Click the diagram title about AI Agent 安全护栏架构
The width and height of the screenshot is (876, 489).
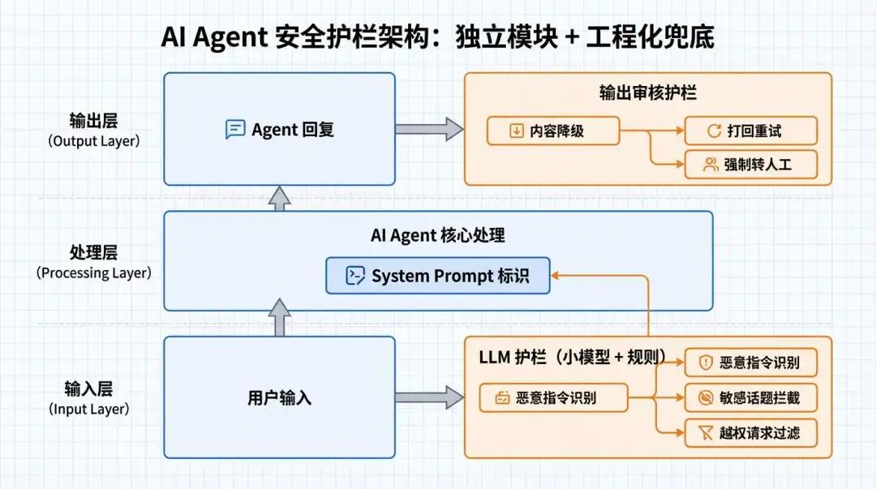coord(437,37)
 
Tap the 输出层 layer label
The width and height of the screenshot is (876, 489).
coord(93,121)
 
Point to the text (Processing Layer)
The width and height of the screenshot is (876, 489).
coord(93,273)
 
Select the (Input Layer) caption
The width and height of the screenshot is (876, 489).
coord(88,410)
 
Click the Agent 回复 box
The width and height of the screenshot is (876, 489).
coord(279,130)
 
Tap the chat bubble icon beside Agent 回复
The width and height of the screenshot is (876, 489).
coord(235,130)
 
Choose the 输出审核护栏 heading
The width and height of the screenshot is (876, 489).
coord(647,92)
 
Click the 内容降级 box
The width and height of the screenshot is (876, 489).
coord(553,131)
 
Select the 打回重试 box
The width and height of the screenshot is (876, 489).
coord(751,131)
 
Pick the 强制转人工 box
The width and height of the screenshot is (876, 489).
coord(751,165)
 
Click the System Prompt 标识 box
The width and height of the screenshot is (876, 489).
coord(438,276)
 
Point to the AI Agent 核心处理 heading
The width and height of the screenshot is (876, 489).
coord(438,235)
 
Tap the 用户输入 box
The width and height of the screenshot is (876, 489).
coord(279,398)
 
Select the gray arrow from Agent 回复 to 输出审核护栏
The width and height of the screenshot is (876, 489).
coord(429,129)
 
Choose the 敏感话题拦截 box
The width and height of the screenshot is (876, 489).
coord(751,398)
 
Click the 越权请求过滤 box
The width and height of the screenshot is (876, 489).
coord(751,433)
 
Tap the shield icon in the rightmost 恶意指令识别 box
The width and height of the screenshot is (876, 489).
coord(706,362)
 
